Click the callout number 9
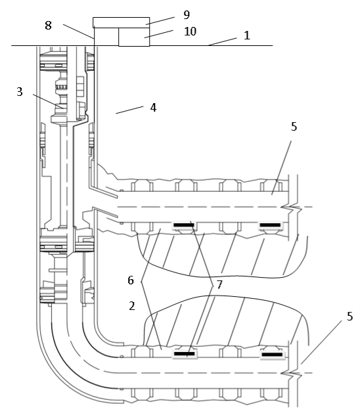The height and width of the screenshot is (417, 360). click(187, 15)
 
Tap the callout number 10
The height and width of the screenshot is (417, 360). click(191, 32)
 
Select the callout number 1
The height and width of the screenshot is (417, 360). click(247, 35)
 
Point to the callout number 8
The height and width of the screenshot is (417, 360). click(48, 26)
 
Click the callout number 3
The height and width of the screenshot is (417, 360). click(20, 92)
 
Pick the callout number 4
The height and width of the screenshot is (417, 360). click(153, 108)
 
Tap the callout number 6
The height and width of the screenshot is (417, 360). click(130, 280)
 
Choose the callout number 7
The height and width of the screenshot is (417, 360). click(219, 284)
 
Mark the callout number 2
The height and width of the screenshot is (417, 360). click(132, 306)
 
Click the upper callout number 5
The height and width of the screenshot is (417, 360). click(294, 127)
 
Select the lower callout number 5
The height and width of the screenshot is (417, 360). click(350, 317)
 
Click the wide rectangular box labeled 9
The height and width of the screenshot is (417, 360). click(121, 22)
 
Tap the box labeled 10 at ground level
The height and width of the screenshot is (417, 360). click(134, 37)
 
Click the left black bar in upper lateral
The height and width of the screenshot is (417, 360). click(184, 225)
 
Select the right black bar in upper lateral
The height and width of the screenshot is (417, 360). click(270, 225)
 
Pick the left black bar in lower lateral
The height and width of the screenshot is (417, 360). click(185, 354)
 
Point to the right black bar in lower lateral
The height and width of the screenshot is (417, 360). click(272, 355)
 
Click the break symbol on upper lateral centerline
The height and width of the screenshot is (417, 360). click(292, 208)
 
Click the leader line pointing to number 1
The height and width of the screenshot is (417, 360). click(223, 42)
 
